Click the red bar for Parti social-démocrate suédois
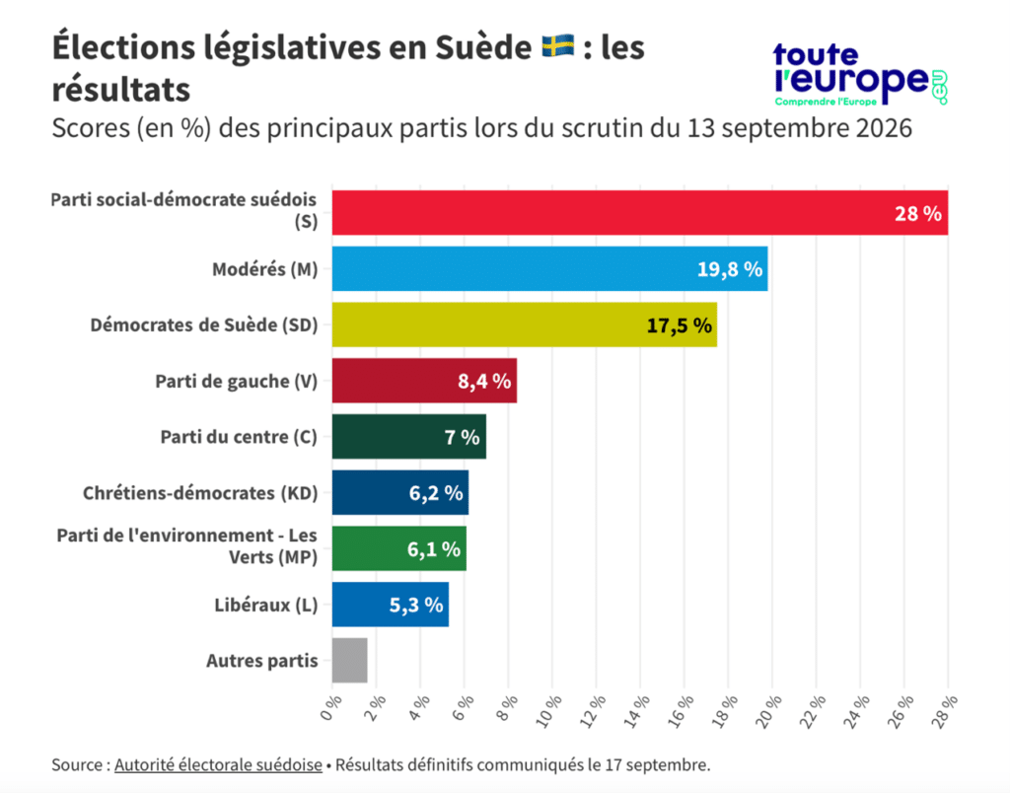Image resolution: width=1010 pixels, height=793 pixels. pyautogui.click(x=639, y=213)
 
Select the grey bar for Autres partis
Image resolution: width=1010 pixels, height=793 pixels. pyautogui.click(x=350, y=660)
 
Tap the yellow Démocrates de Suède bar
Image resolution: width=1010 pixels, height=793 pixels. pyautogui.click(x=525, y=324)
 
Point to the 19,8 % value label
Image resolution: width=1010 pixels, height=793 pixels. pyautogui.click(x=730, y=269)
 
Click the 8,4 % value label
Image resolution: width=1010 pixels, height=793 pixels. pyautogui.click(x=484, y=382)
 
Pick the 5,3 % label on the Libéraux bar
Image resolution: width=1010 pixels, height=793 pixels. pyautogui.click(x=416, y=605)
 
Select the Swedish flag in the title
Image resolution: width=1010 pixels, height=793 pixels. pyautogui.click(x=558, y=47)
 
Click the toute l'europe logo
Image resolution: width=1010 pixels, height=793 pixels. pyautogui.click(x=860, y=74)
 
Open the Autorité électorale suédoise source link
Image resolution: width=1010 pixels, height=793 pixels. pyautogui.click(x=218, y=764)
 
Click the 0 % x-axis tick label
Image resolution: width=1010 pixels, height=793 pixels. pyautogui.click(x=331, y=707)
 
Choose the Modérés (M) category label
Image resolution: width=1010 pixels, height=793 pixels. pyautogui.click(x=264, y=269)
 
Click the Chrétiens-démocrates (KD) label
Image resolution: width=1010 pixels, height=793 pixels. pyautogui.click(x=200, y=493)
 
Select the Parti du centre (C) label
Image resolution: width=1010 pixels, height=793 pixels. pyautogui.click(x=239, y=437)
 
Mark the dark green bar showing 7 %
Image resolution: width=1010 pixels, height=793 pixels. pyautogui.click(x=409, y=437)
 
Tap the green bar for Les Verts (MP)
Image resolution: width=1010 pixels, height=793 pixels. pyautogui.click(x=399, y=548)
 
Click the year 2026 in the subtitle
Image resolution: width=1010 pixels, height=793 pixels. pyautogui.click(x=884, y=128)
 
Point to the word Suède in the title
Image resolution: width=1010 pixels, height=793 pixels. pyautogui.click(x=483, y=47)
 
